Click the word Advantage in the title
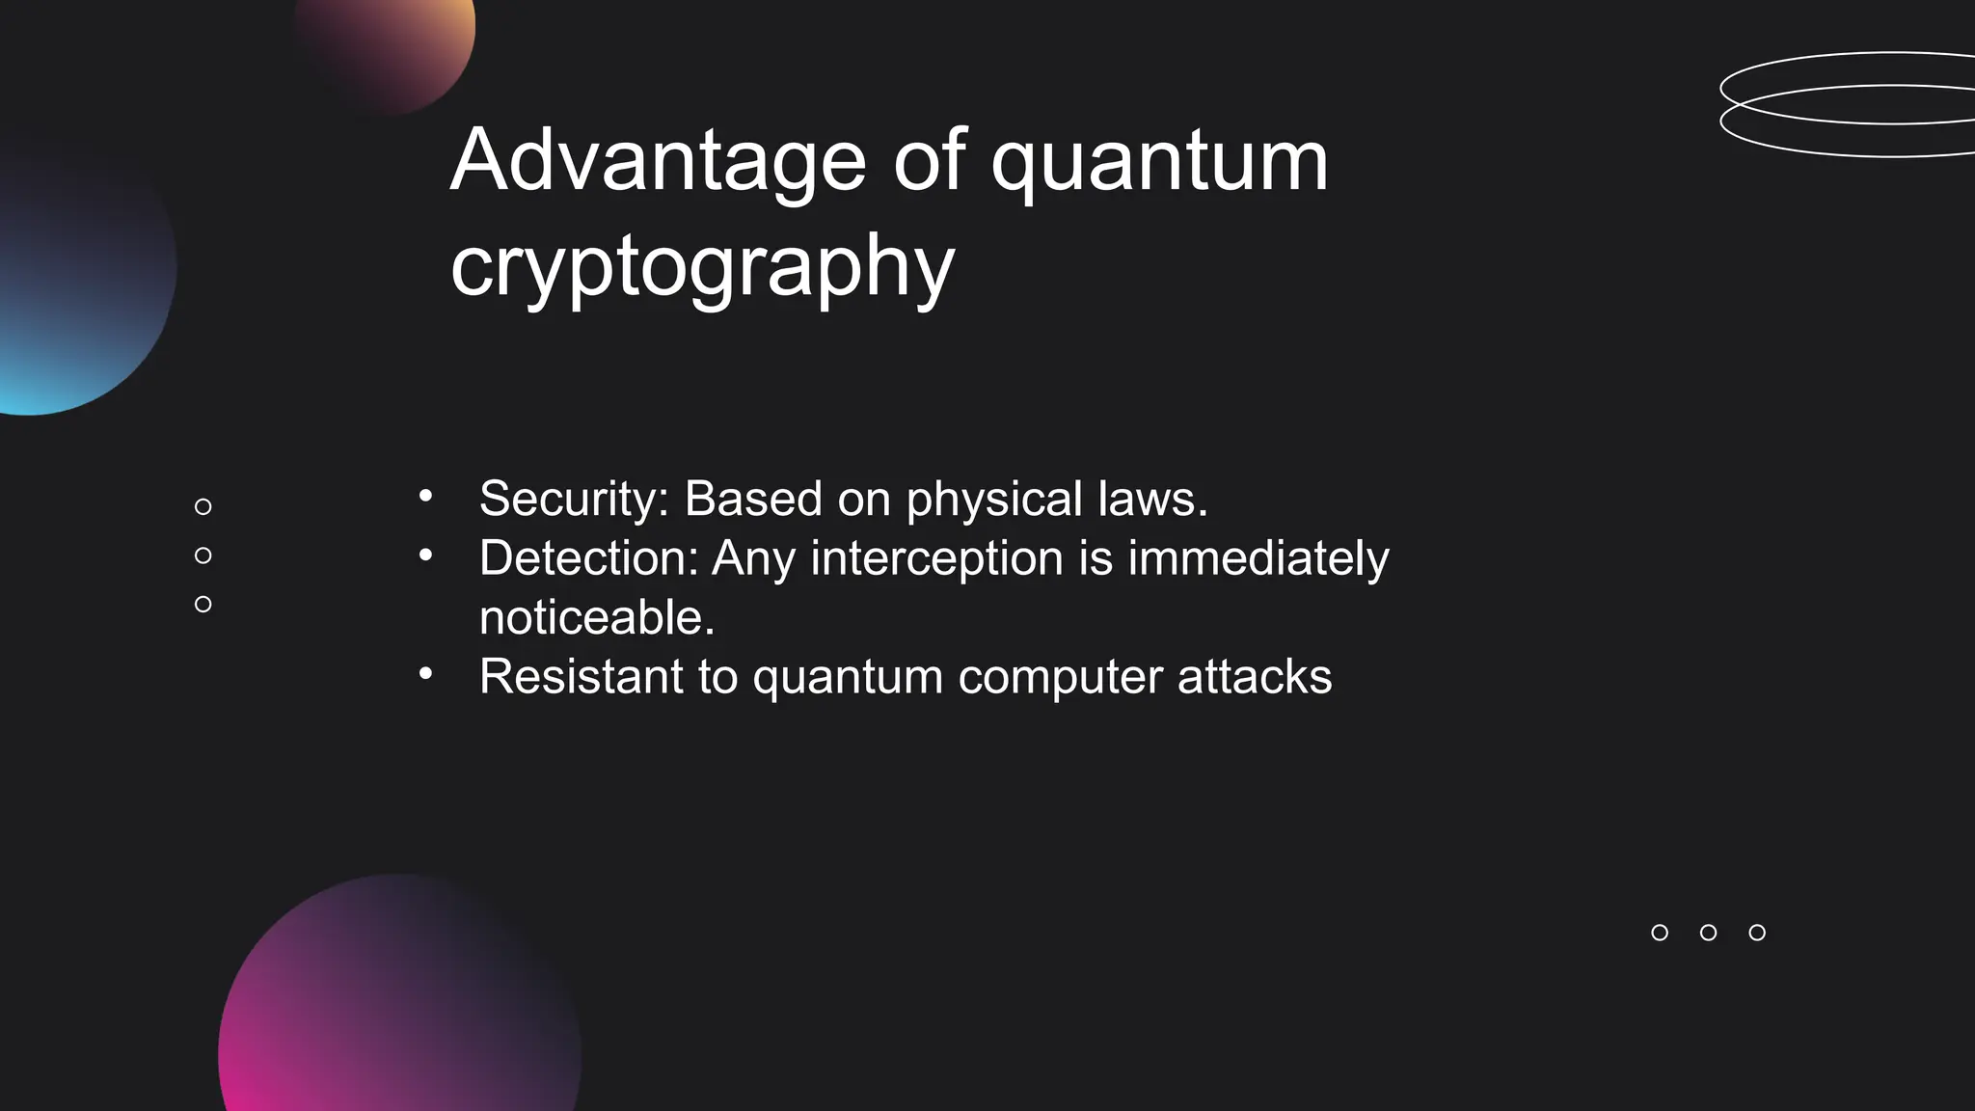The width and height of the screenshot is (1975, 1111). coord(659,161)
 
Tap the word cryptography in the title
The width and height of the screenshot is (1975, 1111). coord(702,267)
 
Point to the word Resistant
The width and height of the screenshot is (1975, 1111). coord(581,677)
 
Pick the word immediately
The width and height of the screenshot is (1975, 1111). coord(1258,558)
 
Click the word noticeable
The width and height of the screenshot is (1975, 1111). coord(597,618)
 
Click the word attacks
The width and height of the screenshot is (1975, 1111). coord(1255,677)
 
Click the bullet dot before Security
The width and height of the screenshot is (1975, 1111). coord(425,498)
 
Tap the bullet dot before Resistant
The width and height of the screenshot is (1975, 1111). coord(425,674)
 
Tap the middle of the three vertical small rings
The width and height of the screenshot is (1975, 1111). coord(203,555)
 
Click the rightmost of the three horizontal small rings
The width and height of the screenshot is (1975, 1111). coord(1757,933)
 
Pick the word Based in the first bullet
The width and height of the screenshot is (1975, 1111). coord(753,500)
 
